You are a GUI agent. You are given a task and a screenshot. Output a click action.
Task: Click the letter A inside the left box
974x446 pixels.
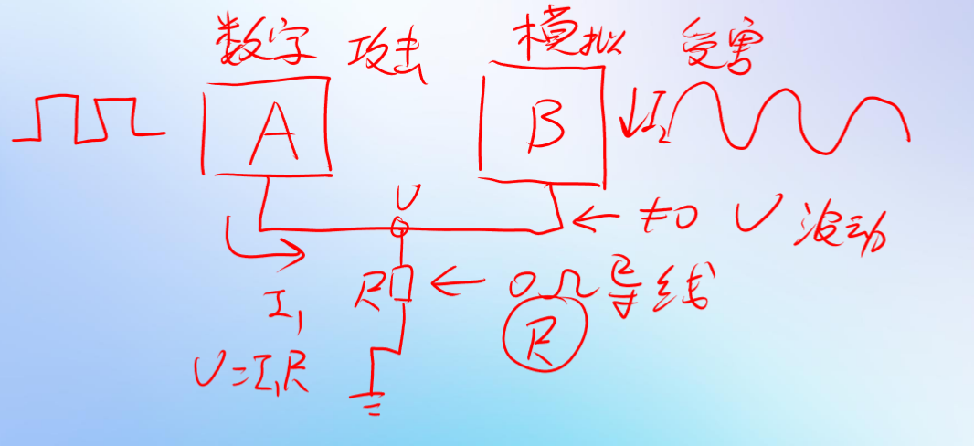click(270, 131)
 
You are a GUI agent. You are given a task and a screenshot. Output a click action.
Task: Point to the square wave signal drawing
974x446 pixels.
click(87, 119)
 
